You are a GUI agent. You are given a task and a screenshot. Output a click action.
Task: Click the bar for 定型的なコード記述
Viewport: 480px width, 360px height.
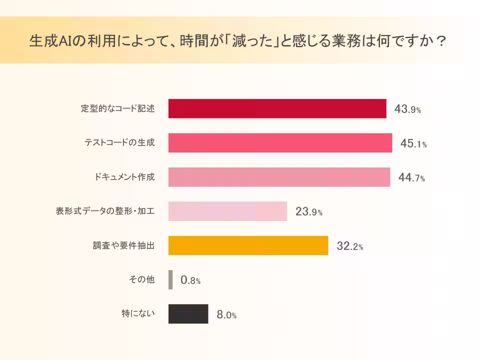click(277, 108)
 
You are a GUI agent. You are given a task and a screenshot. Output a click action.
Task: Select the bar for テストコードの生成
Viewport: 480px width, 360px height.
click(280, 143)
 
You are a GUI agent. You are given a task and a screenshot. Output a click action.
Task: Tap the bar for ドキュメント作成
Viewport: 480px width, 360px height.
click(279, 177)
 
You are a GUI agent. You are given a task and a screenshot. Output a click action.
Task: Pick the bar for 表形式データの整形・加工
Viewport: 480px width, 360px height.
click(227, 211)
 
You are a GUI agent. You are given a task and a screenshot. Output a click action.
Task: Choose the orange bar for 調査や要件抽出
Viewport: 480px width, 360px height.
click(248, 245)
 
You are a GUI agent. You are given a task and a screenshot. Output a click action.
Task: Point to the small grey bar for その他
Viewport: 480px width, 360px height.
click(170, 279)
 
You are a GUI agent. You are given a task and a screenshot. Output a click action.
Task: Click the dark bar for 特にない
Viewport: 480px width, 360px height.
click(188, 314)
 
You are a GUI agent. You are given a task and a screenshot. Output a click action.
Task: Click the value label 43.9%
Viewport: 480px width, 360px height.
click(407, 109)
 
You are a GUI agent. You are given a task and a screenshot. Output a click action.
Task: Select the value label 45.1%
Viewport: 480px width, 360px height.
click(413, 144)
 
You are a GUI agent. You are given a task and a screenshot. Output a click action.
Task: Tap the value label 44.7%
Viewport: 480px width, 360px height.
click(411, 178)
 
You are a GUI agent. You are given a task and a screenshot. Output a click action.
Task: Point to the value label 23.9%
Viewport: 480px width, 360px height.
click(308, 212)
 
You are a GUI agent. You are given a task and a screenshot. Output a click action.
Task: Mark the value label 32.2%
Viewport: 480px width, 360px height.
click(349, 246)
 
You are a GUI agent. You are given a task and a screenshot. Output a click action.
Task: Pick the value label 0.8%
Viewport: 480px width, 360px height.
click(190, 281)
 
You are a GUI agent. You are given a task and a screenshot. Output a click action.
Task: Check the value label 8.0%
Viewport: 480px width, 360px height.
click(226, 315)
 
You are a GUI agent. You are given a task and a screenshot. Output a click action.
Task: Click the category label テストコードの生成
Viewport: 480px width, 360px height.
click(119, 143)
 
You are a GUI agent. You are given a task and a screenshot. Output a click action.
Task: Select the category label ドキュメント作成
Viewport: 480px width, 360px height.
click(124, 177)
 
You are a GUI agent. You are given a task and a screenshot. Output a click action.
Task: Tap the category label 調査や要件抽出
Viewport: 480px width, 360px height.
click(124, 245)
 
